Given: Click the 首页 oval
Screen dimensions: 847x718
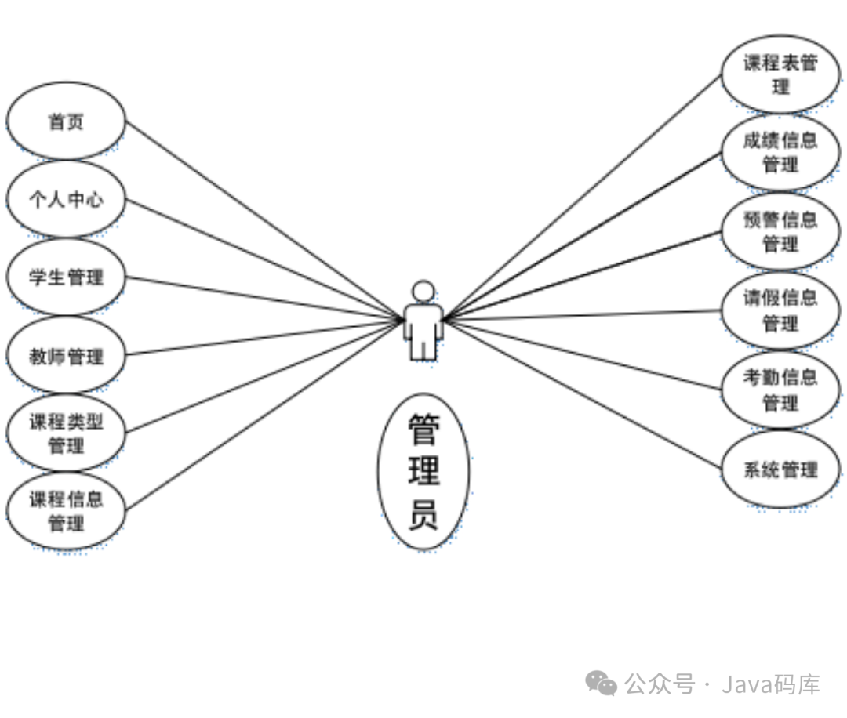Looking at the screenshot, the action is click(x=66, y=121).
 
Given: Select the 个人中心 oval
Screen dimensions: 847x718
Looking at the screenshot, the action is click(x=66, y=199).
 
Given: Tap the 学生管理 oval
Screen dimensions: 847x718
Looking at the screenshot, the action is click(x=66, y=277).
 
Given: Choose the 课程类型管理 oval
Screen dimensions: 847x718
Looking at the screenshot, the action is click(x=66, y=433).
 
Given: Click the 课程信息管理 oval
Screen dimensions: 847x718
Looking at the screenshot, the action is click(x=66, y=510).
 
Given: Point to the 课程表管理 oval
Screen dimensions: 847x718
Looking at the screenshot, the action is click(x=780, y=74).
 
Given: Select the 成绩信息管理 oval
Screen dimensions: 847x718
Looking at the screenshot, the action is click(x=780, y=152).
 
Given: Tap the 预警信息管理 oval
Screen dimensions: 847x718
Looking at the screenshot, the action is click(x=780, y=231).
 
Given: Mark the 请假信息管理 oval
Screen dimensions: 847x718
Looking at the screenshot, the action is click(x=780, y=310).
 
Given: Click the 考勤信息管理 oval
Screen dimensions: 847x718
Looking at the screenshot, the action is click(x=780, y=390).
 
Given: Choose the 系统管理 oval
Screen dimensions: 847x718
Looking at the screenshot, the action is click(x=780, y=470).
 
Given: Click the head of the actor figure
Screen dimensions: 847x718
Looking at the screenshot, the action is click(x=423, y=292).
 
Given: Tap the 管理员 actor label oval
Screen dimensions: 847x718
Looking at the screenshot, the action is click(x=423, y=471).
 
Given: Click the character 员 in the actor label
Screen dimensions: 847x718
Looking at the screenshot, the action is click(x=423, y=516).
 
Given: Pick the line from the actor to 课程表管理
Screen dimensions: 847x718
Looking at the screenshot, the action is click(x=580, y=198).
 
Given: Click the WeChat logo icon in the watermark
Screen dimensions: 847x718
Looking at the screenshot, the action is click(x=602, y=684).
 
